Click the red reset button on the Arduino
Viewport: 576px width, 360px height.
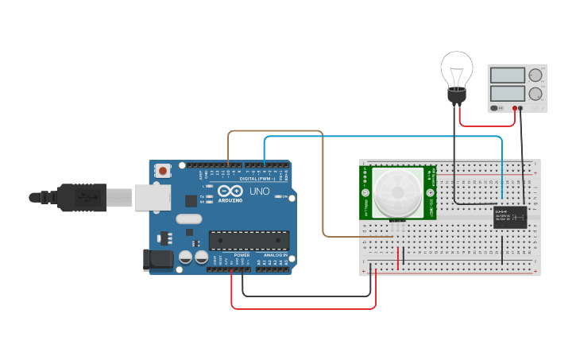pos(164,170)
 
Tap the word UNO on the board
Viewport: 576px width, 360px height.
pos(260,192)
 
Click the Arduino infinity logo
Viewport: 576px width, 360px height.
pos(230,192)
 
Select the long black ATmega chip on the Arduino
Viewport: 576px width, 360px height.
pos(249,239)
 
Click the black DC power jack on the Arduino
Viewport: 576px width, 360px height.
pos(157,260)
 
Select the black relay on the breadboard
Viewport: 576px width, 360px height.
pos(509,217)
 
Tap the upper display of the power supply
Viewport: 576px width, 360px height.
pos(508,75)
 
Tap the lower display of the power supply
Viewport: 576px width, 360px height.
pos(508,93)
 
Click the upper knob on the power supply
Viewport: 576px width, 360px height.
pos(535,76)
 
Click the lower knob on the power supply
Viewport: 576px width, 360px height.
pos(535,94)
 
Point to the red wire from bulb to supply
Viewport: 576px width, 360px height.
pos(486,125)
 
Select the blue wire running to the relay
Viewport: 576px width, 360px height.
pos(381,137)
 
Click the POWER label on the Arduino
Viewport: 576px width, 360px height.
pos(242,255)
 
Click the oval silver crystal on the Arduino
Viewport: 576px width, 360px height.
pos(189,219)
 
